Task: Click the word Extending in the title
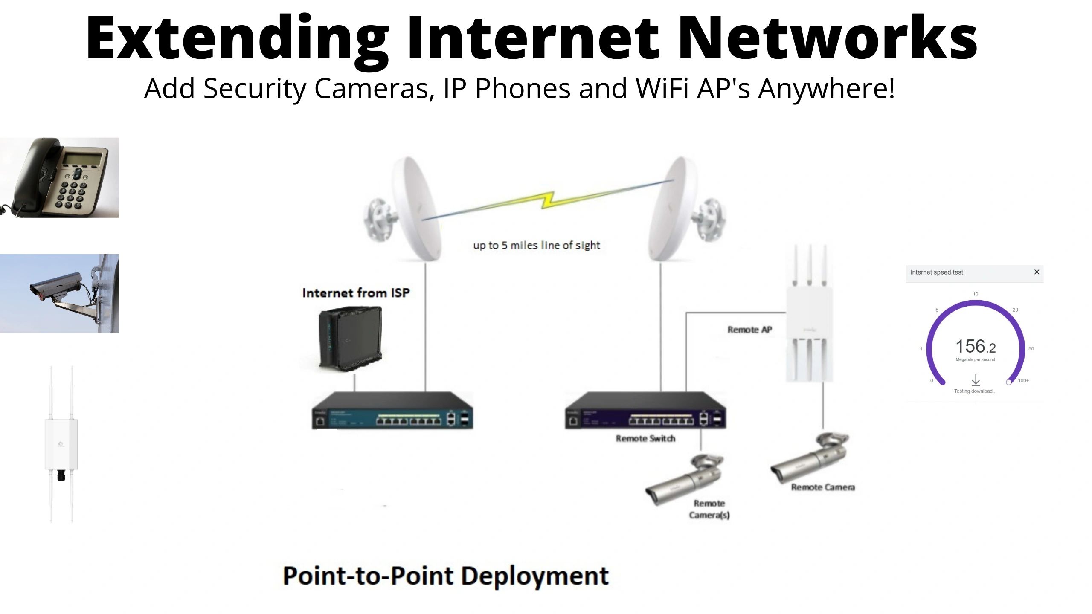pos(237,39)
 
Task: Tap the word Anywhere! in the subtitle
pos(826,89)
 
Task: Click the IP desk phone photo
pos(59,177)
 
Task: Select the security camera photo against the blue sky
pos(59,294)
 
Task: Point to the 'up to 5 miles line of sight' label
pos(536,246)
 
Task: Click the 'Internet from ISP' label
pos(356,293)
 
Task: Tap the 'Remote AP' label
pos(749,330)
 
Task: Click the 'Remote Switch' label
pos(645,438)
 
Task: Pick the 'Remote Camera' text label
pos(823,487)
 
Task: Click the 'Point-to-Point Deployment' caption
pos(446,576)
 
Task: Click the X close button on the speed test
pos(1037,272)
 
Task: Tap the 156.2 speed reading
pos(975,347)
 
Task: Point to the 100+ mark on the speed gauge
pos(1023,380)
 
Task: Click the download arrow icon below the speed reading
pos(975,380)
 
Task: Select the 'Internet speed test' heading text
pos(936,272)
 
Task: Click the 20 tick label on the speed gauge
pos(1015,310)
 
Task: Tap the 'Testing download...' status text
pos(975,391)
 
